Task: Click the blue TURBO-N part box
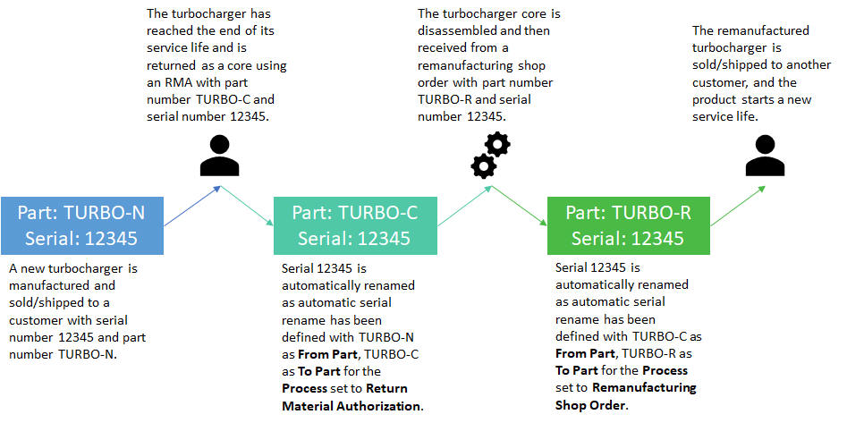(x=82, y=224)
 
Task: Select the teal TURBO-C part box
(x=354, y=224)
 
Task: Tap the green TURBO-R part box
(x=628, y=224)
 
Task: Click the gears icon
(x=490, y=155)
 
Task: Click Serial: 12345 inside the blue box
(x=82, y=238)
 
